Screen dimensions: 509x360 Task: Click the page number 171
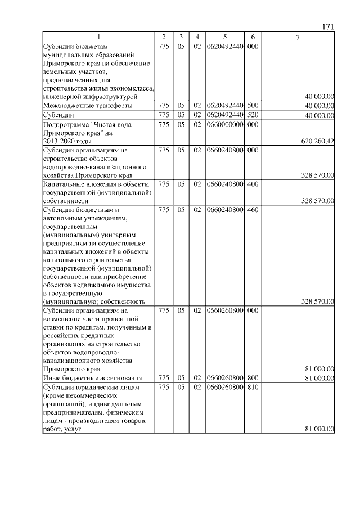[x=328, y=27]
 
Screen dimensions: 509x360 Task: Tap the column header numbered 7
[x=298, y=37]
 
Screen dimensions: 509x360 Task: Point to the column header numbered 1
[x=99, y=37]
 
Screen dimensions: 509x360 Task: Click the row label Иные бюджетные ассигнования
[x=93, y=377]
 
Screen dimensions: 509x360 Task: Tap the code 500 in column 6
[x=253, y=105]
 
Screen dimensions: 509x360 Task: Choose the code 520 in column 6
[x=253, y=115]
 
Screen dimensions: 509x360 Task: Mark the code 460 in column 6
[x=253, y=210]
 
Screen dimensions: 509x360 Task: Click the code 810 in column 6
[x=253, y=388]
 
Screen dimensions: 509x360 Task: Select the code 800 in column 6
[x=253, y=377]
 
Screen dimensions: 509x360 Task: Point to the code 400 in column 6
[x=253, y=183]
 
